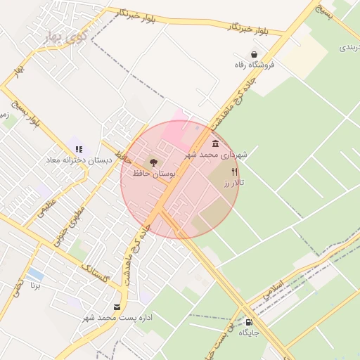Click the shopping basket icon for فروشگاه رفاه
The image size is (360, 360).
point(253,54)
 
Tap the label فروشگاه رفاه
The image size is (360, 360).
point(255,65)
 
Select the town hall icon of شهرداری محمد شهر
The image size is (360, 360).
point(214,143)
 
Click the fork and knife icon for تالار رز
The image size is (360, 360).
point(234,171)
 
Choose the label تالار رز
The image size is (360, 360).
point(233,182)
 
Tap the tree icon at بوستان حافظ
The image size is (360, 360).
point(153,162)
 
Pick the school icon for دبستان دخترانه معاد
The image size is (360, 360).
point(79,149)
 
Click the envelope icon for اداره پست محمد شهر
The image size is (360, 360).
point(117,307)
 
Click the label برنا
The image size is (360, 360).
point(35,285)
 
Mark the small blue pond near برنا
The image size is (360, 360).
point(35,274)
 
